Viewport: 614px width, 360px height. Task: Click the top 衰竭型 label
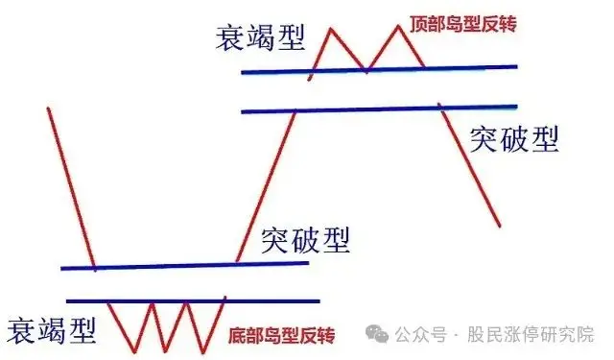(260, 38)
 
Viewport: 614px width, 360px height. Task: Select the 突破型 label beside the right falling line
(514, 140)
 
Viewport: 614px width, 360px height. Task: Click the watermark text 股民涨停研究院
(530, 335)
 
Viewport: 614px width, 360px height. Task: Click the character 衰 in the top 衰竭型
(231, 38)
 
